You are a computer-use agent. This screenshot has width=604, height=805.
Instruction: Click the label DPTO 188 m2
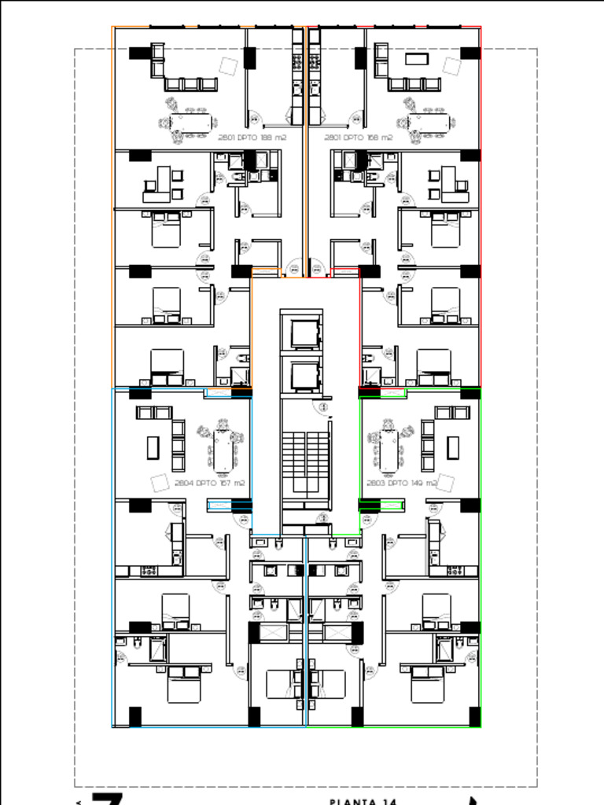252,138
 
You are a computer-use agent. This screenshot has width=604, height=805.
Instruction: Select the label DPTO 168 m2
359,138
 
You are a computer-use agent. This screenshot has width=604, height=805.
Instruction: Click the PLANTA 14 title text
363,800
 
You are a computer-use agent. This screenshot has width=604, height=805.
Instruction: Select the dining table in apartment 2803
388,449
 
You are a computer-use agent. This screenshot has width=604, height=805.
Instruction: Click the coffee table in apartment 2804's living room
153,447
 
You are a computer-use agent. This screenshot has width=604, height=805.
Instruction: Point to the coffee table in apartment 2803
452,447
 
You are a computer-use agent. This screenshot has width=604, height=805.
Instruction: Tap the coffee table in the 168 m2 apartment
415,58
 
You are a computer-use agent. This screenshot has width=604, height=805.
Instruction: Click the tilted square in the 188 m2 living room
229,66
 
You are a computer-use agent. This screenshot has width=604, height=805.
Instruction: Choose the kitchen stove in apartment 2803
455,571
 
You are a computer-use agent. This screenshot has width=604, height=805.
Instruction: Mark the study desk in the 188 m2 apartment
164,182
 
